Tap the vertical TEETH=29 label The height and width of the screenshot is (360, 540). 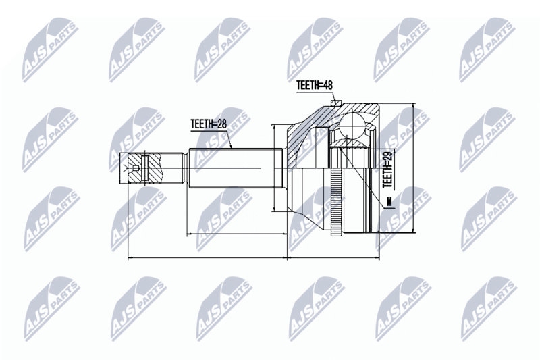[x=387, y=169]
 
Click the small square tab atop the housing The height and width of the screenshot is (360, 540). [x=334, y=103]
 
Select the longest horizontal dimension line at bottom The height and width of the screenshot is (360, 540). [x=253, y=257]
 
